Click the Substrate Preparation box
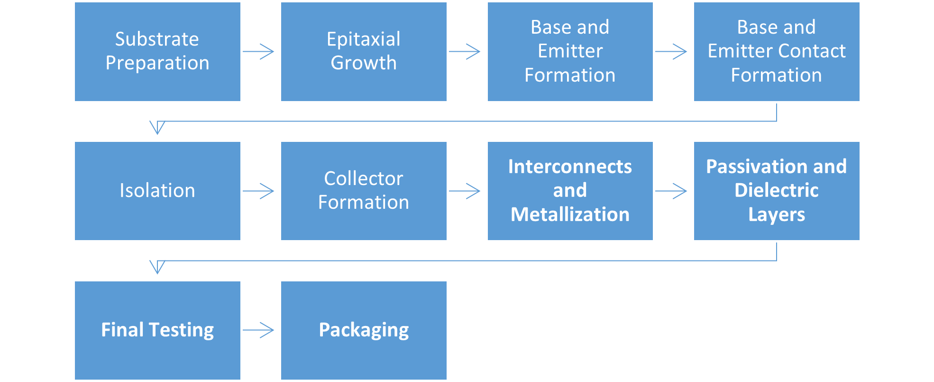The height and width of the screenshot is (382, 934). click(157, 51)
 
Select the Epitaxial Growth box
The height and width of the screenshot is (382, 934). click(364, 51)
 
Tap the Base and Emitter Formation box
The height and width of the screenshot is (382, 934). click(570, 51)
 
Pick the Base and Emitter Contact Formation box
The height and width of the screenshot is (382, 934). click(776, 51)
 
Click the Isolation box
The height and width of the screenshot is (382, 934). click(157, 191)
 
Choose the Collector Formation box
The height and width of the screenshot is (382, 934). click(364, 191)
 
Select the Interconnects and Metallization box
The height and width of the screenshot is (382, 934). click(570, 191)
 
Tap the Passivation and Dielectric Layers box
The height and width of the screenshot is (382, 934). click(776, 191)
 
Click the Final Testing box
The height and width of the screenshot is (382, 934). click(157, 330)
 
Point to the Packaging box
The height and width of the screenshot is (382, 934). click(364, 330)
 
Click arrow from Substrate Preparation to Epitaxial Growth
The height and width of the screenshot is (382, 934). click(259, 51)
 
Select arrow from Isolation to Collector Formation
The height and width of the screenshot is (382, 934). click(259, 191)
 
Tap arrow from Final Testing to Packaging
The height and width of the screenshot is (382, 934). click(259, 330)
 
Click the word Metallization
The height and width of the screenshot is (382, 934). click(570, 214)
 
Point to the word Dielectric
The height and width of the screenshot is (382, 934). click(776, 190)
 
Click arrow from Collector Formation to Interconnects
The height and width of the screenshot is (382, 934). click(465, 191)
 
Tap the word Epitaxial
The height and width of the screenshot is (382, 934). click(364, 39)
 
